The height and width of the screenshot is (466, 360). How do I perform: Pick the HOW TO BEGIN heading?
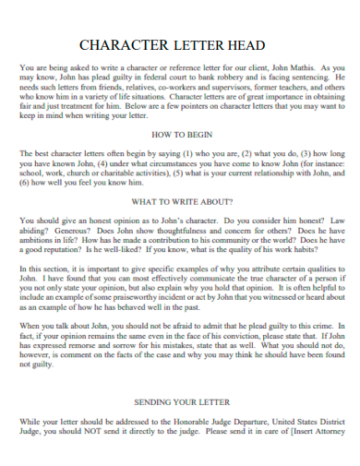(x=179, y=135)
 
